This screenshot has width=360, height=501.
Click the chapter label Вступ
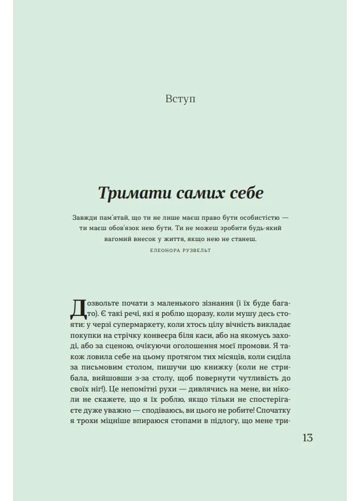click(180, 99)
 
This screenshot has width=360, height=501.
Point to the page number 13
click(307, 437)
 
